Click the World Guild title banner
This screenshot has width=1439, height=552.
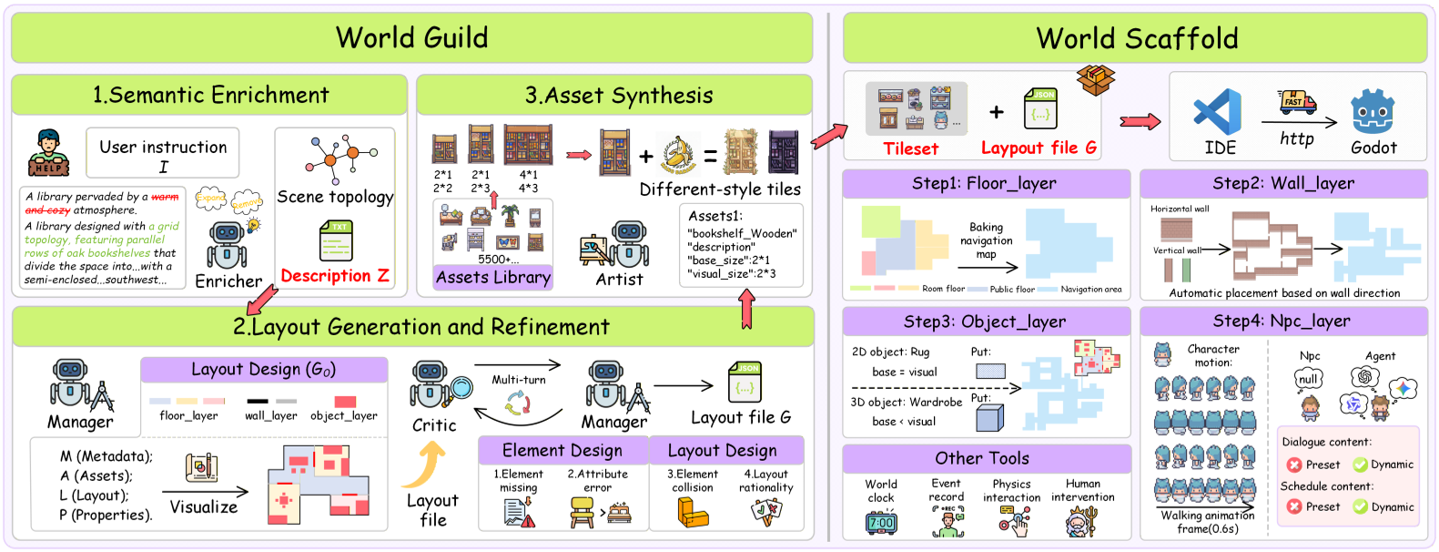click(x=411, y=37)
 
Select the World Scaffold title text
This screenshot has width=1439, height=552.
click(x=1137, y=38)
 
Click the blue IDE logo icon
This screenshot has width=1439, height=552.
click(x=1218, y=112)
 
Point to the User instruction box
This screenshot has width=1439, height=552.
click(x=163, y=152)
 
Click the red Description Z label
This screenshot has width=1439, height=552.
click(x=335, y=275)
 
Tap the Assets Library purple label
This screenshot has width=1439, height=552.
click(x=493, y=277)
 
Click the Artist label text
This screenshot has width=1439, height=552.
click(x=619, y=280)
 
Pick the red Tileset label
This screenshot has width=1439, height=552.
click(x=910, y=148)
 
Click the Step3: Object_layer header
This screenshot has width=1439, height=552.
click(x=985, y=322)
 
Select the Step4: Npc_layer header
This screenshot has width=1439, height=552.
click(x=1283, y=321)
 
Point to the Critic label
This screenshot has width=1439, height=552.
click(x=434, y=424)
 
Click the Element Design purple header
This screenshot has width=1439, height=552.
click(x=562, y=450)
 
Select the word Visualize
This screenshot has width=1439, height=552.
click(x=203, y=506)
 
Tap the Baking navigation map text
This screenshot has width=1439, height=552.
click(x=986, y=240)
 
